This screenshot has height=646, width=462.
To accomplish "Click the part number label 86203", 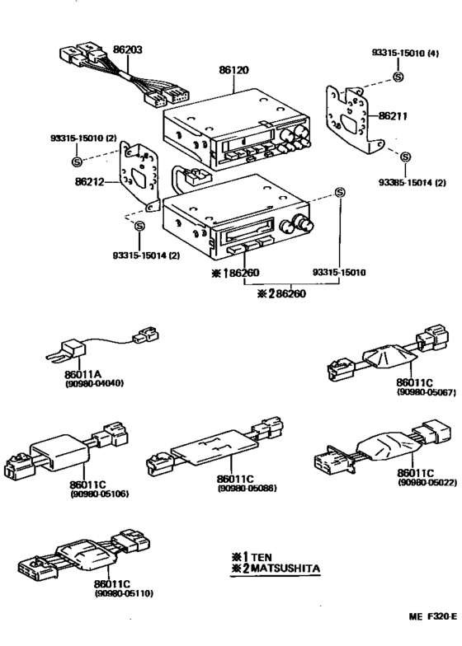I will click(128, 49).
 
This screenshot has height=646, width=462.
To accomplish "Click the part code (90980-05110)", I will click(124, 592).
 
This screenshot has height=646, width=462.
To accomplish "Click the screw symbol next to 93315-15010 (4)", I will click(398, 77).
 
